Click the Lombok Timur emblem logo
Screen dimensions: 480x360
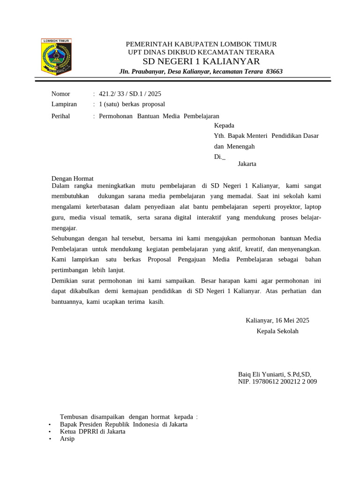pyautogui.click(x=56, y=57)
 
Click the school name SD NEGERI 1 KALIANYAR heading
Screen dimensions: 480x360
pyautogui.click(x=201, y=62)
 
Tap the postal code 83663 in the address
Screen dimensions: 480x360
pyautogui.click(x=274, y=71)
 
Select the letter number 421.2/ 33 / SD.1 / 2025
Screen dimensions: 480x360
pyautogui.click(x=130, y=94)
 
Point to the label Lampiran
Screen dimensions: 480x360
pyautogui.click(x=64, y=104)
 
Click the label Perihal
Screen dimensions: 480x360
pyautogui.click(x=60, y=116)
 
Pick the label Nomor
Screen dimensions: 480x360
pyautogui.click(x=60, y=94)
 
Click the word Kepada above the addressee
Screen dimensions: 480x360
pyautogui.click(x=224, y=125)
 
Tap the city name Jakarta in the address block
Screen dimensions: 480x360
pyautogui.click(x=247, y=164)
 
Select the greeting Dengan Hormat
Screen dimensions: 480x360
pyautogui.click(x=72, y=179)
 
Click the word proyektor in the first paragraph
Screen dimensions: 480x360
pyautogui.click(x=287, y=206)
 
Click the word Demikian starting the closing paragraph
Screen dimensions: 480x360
pyautogui.click(x=66, y=281)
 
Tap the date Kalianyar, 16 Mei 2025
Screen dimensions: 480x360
pyautogui.click(x=277, y=321)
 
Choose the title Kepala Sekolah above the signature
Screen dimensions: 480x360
pyautogui.click(x=277, y=331)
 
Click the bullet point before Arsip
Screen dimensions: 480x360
pyautogui.click(x=50, y=439)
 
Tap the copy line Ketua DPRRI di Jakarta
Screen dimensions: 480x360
pyautogui.click(x=92, y=431)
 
